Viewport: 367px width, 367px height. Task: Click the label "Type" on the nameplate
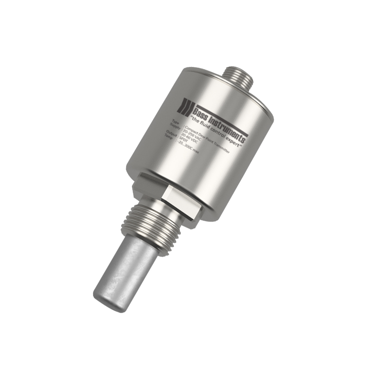175,122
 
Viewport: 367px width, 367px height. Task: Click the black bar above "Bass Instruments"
220,119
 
